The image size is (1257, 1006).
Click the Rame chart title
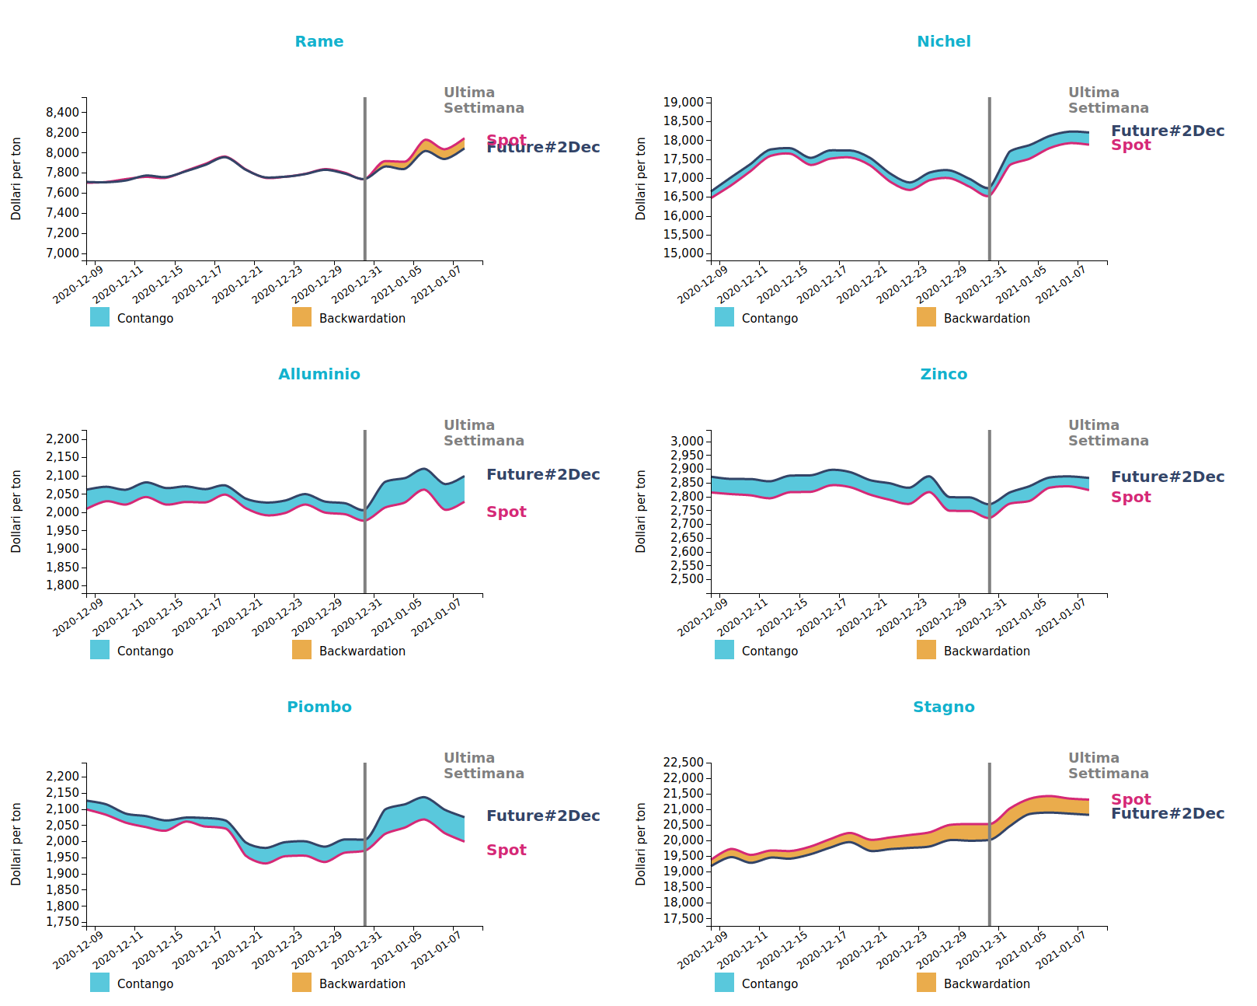point(319,41)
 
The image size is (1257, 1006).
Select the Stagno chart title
point(943,707)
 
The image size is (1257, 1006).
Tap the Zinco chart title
point(943,374)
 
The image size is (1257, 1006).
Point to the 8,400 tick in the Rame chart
point(62,112)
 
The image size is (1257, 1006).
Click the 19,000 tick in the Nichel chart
point(683,102)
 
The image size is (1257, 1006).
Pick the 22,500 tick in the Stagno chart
point(683,762)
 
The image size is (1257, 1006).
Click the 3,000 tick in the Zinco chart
point(687,441)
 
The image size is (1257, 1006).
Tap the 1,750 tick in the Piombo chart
point(62,922)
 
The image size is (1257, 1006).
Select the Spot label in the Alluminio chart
point(507,512)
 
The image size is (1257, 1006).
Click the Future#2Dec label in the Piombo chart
point(543,816)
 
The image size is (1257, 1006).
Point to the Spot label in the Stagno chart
point(1130,799)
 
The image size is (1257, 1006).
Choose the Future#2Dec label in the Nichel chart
point(1168,131)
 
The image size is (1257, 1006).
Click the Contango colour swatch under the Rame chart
point(99,317)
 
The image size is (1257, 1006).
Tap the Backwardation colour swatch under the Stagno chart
point(926,983)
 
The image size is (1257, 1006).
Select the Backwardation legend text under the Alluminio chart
point(362,651)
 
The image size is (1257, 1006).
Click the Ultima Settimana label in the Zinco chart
point(1108,433)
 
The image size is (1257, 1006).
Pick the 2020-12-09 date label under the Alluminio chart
point(78,617)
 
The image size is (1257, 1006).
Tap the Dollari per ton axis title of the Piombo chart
point(16,844)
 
